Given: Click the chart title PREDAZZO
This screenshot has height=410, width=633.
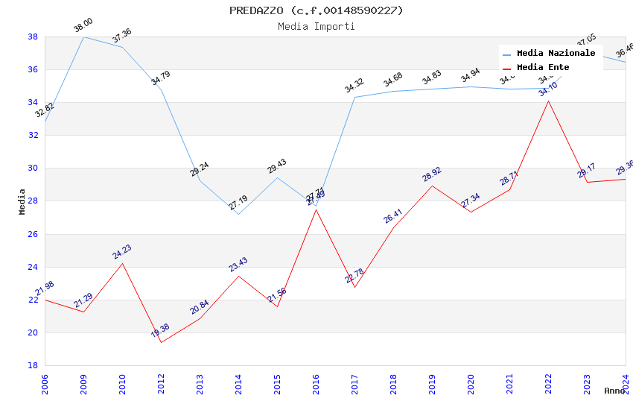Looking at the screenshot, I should (316, 10).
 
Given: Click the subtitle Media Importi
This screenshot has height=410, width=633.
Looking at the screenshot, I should (316, 27).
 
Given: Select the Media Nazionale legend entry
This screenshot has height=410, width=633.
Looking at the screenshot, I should (556, 54).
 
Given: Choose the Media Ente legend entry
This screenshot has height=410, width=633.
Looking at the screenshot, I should (543, 68).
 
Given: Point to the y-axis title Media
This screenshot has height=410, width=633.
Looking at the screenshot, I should (22, 201).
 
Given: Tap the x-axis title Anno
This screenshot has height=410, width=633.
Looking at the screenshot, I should (614, 391).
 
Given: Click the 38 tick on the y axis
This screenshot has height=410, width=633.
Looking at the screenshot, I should (33, 37).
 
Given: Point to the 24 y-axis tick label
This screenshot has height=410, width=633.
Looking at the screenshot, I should (33, 267).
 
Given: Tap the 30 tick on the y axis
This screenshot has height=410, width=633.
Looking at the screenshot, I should (33, 168).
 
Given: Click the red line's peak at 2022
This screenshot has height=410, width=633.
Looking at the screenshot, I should (548, 101).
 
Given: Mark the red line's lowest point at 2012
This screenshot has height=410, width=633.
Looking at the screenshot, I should (161, 342).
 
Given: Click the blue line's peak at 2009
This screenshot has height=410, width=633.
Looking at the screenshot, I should (83, 37).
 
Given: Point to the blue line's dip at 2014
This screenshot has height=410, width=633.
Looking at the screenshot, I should (238, 214).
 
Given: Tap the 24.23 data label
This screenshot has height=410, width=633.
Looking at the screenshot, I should (122, 252).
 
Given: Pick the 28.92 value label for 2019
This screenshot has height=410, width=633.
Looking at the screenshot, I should (432, 174).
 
